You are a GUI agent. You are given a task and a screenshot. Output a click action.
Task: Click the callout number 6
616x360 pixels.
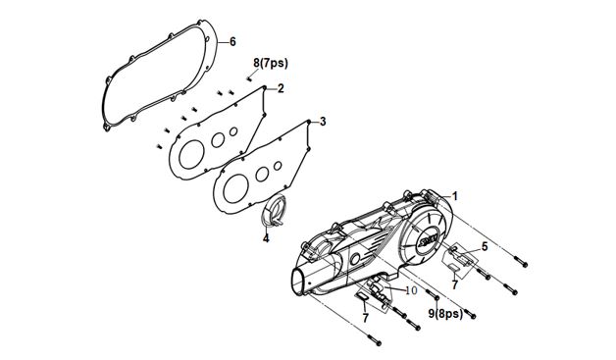click(x=232, y=41)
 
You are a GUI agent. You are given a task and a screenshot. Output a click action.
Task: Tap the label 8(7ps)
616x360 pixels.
click(x=271, y=63)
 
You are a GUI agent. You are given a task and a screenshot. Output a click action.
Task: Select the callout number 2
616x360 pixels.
click(x=281, y=89)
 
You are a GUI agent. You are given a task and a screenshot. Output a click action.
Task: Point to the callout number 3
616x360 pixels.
click(x=323, y=122)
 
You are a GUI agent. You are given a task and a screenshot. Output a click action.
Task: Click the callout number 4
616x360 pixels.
click(x=266, y=238)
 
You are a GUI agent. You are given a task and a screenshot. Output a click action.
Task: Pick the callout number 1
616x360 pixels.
click(x=455, y=196)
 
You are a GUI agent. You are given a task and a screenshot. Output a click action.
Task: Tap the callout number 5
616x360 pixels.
click(x=485, y=247)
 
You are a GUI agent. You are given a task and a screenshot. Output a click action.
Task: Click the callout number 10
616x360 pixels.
click(x=411, y=290)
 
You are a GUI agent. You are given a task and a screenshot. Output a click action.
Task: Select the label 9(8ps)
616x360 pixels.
click(x=445, y=314)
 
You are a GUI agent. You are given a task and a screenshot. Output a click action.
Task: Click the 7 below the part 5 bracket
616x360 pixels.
click(x=454, y=284)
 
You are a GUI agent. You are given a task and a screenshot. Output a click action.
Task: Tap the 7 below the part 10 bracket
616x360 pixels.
click(x=365, y=318)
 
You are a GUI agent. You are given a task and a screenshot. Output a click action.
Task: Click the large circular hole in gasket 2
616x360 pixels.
click(x=191, y=155)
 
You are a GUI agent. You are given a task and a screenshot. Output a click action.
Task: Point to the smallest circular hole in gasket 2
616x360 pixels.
click(x=233, y=131)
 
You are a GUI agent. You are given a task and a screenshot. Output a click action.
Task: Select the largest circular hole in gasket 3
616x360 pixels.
click(x=235, y=189)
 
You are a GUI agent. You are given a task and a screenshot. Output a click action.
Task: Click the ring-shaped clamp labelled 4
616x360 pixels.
click(x=275, y=211)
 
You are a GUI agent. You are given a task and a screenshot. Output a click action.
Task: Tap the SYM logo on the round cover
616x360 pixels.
click(x=428, y=238)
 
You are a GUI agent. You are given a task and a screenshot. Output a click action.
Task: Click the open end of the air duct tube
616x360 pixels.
click(x=296, y=281)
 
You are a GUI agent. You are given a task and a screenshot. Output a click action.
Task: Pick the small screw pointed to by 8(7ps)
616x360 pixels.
click(x=249, y=78)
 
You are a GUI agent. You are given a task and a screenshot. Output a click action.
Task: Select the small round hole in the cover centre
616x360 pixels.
click(x=355, y=259)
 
